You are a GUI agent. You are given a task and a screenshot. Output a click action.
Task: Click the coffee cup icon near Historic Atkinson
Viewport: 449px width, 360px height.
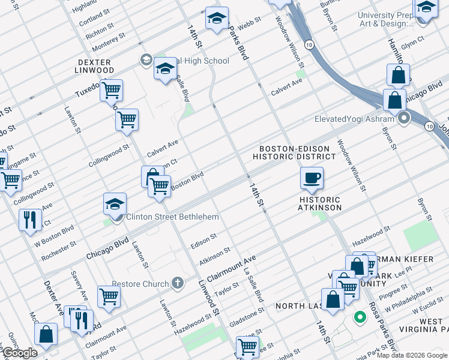click(312, 178)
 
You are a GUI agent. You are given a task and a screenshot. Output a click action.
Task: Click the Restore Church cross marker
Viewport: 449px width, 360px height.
click(177, 282)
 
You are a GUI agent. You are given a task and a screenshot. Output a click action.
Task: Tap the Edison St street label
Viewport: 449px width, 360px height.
click(203, 240)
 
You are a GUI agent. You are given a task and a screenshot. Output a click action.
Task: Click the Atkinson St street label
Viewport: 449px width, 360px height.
click(215, 254)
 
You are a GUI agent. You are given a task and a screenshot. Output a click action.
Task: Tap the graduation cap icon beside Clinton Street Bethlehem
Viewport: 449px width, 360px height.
click(115, 203)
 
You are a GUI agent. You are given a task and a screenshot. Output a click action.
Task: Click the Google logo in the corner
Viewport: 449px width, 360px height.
click(20, 353)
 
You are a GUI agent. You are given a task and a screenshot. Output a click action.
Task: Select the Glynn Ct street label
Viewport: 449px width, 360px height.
click(413, 43)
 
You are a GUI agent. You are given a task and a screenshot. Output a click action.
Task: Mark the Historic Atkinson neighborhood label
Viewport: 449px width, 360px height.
click(320, 203)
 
